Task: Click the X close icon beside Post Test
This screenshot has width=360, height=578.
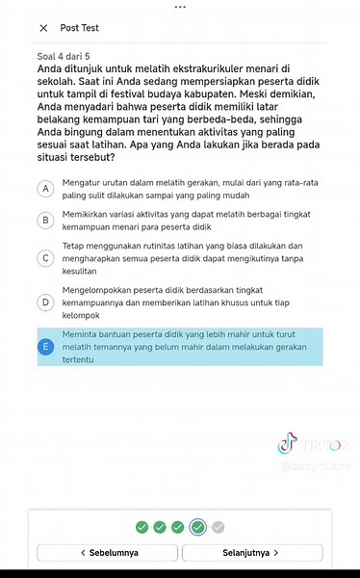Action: (x=43, y=28)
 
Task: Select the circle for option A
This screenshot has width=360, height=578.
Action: (x=45, y=188)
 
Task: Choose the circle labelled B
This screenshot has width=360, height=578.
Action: (x=45, y=220)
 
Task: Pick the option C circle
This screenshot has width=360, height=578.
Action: (x=45, y=257)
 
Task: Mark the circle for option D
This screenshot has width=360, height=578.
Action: (x=45, y=302)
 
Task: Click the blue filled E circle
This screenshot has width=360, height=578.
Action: (x=45, y=347)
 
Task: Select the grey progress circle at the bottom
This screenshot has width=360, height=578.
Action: (x=218, y=527)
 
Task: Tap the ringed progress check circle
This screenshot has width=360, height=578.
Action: (x=197, y=527)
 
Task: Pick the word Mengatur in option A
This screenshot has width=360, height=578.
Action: (x=81, y=181)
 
